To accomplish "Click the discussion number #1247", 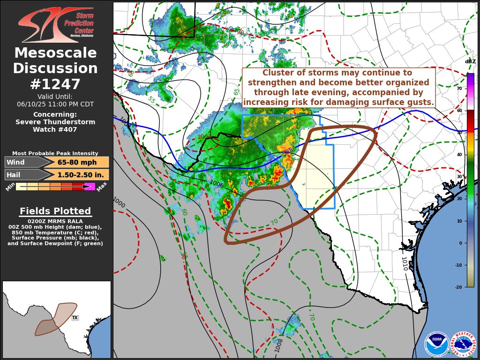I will pyautogui.click(x=55, y=84).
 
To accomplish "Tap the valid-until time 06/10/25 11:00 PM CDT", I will pyautogui.click(x=55, y=104).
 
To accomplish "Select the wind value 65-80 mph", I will pyautogui.click(x=77, y=162).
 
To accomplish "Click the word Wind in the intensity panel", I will pyautogui.click(x=15, y=162).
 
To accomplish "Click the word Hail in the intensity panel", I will pyautogui.click(x=14, y=174).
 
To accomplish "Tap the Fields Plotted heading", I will pyautogui.click(x=55, y=211).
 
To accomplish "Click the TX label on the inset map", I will pyautogui.click(x=75, y=318).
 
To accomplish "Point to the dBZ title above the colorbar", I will pyautogui.click(x=470, y=61).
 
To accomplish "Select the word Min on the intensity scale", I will pyautogui.click(x=10, y=187).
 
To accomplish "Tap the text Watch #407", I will pyautogui.click(x=55, y=129).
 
